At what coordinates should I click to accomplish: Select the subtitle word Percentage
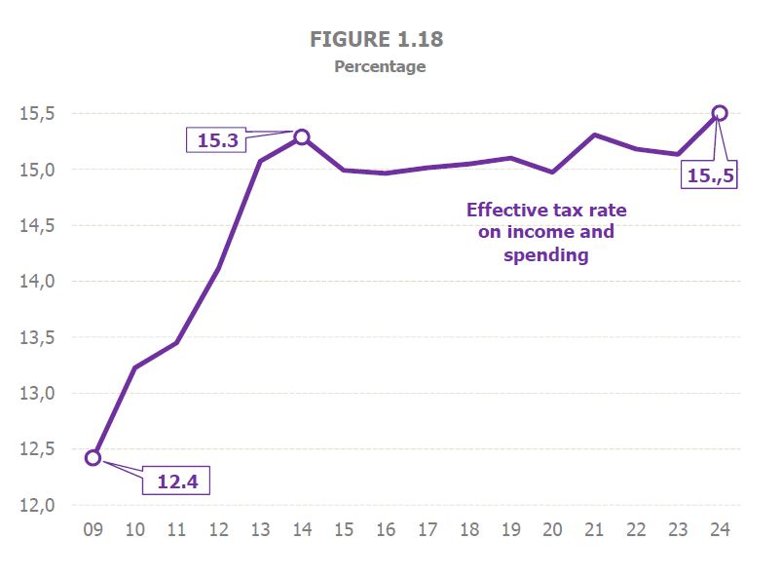click(380, 67)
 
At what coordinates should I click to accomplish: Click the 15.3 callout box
click(217, 141)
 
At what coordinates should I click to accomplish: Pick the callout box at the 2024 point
click(711, 176)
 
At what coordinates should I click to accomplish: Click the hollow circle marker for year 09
click(93, 457)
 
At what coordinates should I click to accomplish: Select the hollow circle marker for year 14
click(302, 136)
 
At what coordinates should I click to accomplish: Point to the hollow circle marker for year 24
click(720, 113)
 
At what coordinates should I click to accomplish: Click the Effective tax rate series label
click(545, 232)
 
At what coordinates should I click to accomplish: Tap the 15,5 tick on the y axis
click(39, 114)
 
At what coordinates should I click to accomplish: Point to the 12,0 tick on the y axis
click(39, 506)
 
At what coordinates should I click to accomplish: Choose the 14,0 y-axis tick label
click(39, 282)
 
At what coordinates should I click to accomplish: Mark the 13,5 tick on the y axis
click(39, 338)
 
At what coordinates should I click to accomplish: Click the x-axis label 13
click(260, 531)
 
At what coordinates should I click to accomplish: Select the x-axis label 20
click(552, 531)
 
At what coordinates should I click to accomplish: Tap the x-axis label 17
click(428, 531)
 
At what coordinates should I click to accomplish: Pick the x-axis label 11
click(176, 531)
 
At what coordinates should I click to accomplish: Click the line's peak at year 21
click(594, 135)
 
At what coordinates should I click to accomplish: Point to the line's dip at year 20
click(552, 172)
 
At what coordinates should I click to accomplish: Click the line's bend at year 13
click(260, 160)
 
